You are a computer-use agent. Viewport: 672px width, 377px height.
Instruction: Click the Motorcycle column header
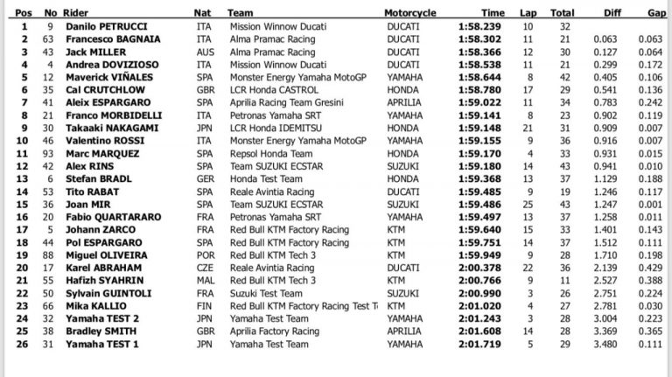410,13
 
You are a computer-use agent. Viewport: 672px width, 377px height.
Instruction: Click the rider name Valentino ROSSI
97,140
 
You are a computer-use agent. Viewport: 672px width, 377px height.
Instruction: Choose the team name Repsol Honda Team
265,153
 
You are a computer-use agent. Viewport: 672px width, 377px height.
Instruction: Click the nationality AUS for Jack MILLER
204,52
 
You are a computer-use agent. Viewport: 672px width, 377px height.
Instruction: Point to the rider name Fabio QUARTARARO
108,216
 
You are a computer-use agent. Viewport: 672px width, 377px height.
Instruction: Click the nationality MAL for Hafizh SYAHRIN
204,279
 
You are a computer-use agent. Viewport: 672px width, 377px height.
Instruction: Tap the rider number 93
51,153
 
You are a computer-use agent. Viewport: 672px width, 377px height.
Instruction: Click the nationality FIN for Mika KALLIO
203,306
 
